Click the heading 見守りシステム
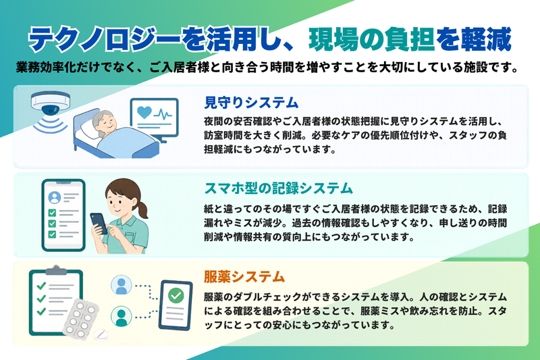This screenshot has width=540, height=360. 251,103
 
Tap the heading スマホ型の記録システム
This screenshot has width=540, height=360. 279,188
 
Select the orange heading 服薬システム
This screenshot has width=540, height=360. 244,277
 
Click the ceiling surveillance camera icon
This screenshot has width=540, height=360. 50,103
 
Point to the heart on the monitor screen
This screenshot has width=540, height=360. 144,112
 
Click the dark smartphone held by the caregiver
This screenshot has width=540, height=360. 99,224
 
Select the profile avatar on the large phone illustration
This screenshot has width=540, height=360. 55,197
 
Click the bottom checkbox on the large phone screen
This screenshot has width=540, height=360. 52,234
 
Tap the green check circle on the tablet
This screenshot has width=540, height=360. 175,295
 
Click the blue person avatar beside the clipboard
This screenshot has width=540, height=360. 122,285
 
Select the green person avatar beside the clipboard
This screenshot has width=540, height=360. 122,316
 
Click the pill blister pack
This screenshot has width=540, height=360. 80,318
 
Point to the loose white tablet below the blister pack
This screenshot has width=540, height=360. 101,334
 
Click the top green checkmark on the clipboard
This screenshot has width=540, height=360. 41,286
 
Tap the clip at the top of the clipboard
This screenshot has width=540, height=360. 56,270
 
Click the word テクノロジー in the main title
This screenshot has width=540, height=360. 105,40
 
